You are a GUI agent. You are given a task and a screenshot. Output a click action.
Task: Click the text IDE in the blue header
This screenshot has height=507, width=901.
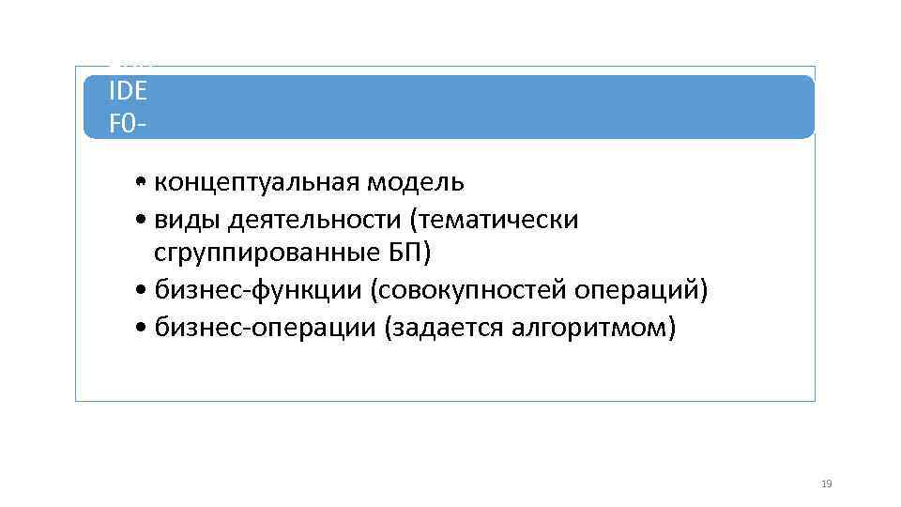click(128, 93)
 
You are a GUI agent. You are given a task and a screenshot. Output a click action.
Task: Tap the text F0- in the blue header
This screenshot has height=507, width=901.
click(128, 123)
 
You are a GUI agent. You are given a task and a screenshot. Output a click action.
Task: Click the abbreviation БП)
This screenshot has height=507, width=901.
click(408, 253)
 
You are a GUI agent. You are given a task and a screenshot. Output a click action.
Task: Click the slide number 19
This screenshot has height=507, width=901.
click(826, 484)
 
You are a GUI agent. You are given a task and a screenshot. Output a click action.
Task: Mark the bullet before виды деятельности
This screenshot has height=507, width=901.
click(139, 221)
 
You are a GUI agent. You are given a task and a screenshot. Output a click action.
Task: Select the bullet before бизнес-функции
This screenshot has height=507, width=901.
click(139, 292)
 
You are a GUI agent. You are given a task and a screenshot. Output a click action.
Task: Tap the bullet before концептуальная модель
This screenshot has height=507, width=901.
click(139, 182)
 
